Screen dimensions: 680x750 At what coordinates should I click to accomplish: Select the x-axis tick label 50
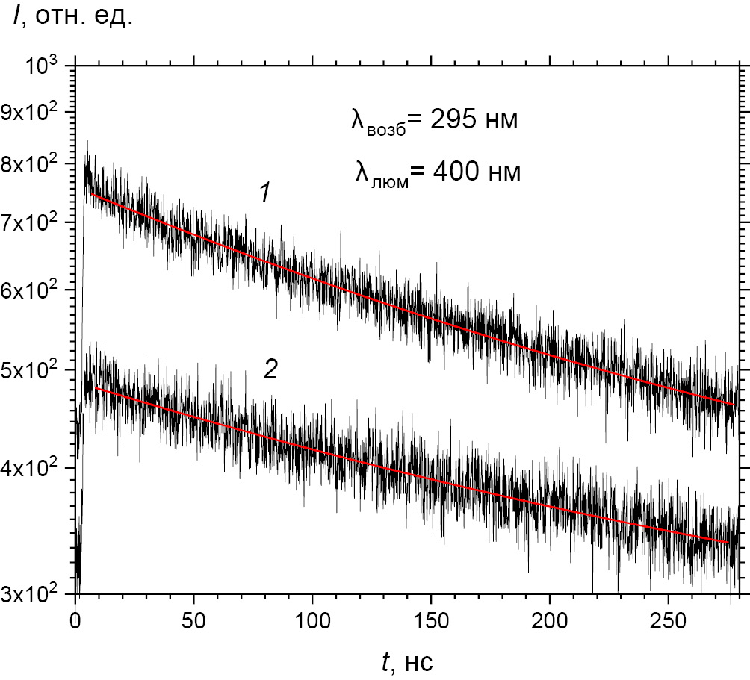[x=193, y=619]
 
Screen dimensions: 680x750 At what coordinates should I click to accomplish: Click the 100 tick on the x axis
[x=312, y=619]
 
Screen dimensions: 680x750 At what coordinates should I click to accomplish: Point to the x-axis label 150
[x=430, y=619]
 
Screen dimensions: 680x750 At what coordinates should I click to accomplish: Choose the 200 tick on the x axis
[x=549, y=619]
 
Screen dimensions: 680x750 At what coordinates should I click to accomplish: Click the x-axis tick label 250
[x=667, y=619]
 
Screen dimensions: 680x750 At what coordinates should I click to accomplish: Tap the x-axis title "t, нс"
[x=406, y=660]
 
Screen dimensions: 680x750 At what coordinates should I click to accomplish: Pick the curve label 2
[x=270, y=369]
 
